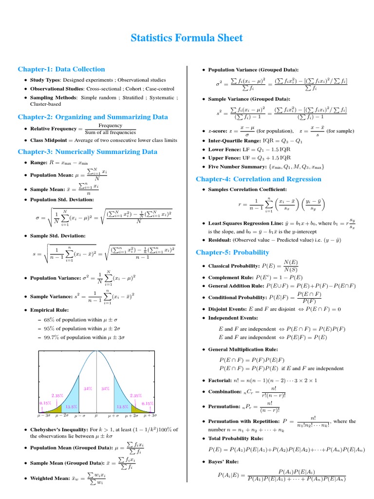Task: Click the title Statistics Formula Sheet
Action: point(187,38)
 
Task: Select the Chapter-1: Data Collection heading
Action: point(61,69)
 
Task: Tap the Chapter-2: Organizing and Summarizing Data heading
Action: point(93,117)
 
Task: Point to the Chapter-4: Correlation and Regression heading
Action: point(258,179)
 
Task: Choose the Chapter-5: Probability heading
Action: point(232,252)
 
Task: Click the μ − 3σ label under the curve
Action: point(44,415)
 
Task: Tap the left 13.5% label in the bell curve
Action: point(71,406)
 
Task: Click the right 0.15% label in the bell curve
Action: point(148,403)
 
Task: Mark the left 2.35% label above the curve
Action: point(57,396)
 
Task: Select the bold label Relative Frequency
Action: point(53,129)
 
